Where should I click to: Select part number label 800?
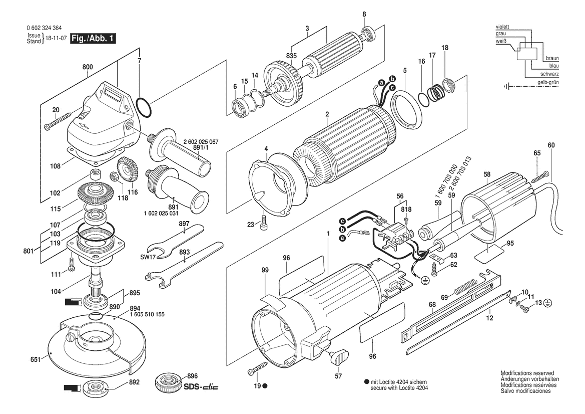tap(88, 67)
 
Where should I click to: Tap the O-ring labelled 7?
tap(144, 106)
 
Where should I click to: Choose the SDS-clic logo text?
tap(201, 386)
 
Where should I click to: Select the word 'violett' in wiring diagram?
tap(502, 27)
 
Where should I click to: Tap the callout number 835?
tap(291, 56)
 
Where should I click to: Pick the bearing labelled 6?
tap(237, 107)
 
